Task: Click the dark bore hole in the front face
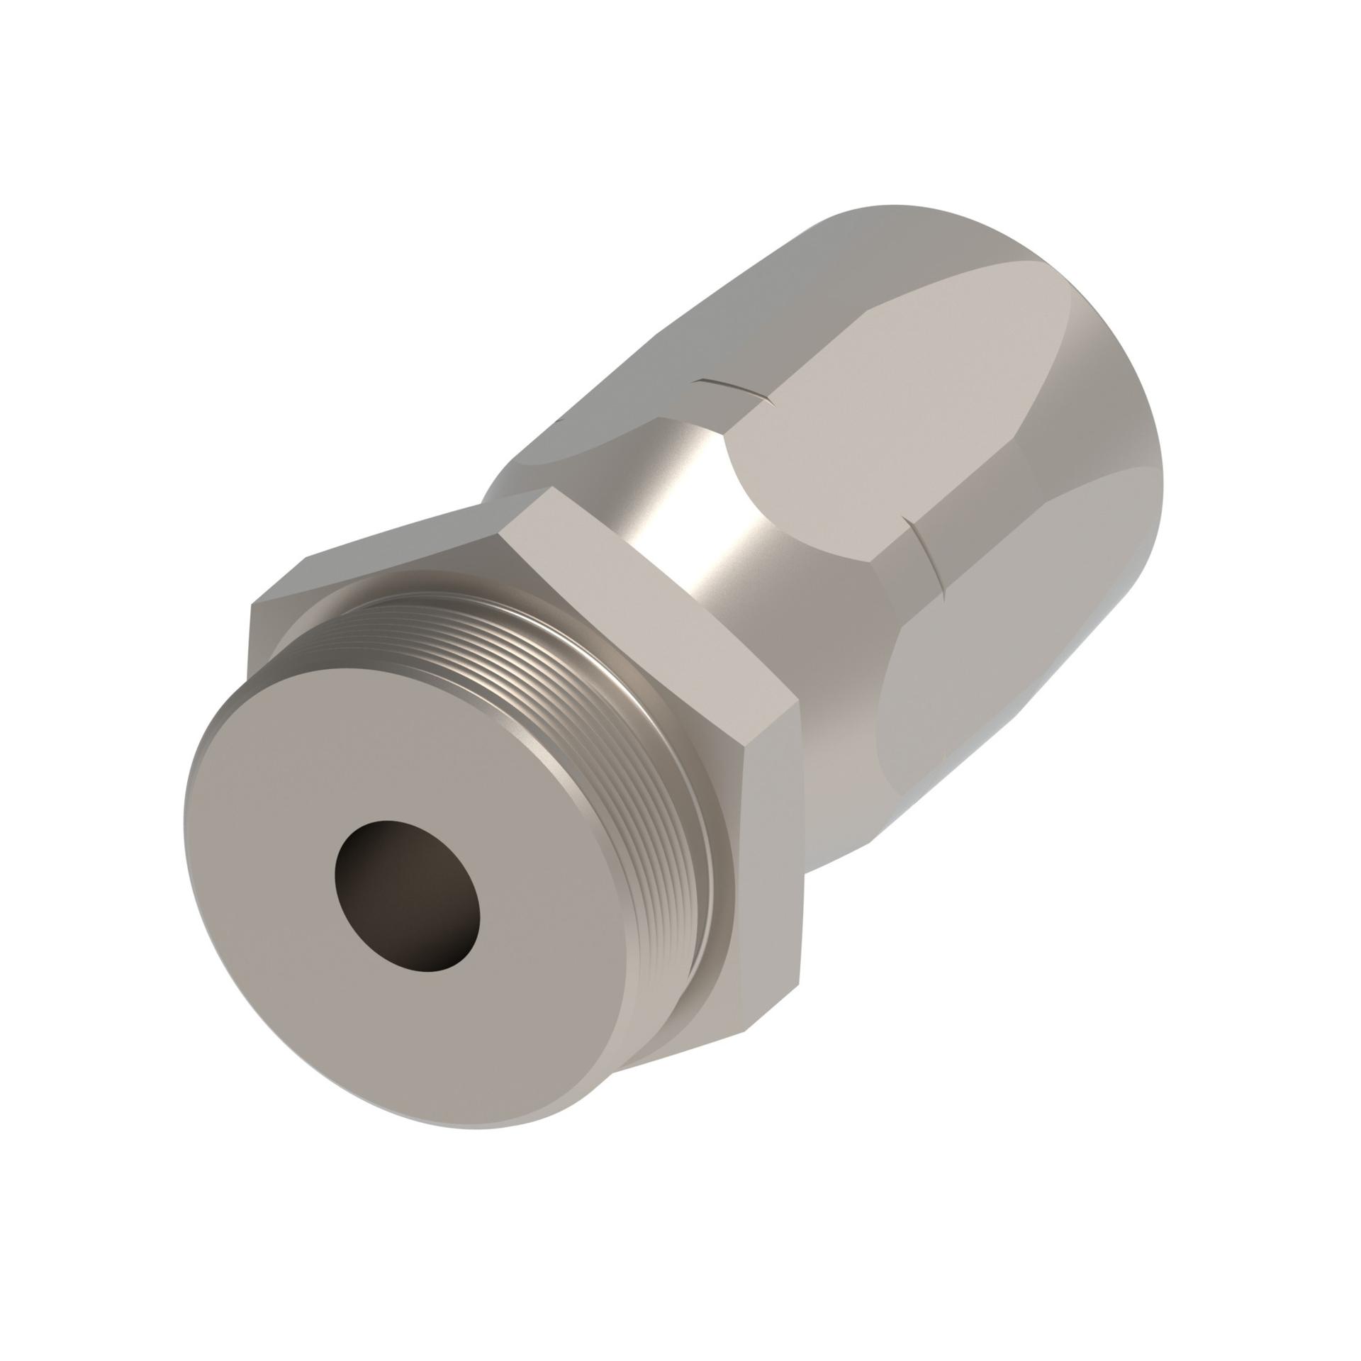click(x=408, y=895)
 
